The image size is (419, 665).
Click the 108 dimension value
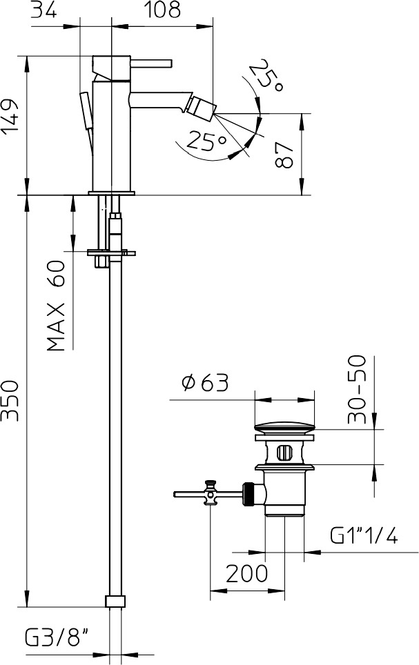(x=162, y=10)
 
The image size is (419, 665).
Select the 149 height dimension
(x=10, y=117)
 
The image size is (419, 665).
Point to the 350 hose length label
(x=10, y=401)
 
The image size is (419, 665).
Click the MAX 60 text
(x=57, y=306)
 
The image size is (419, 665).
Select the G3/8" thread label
(x=57, y=638)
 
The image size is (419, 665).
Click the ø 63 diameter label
(x=205, y=383)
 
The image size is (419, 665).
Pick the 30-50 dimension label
(x=357, y=389)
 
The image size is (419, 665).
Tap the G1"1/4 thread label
(x=364, y=535)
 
